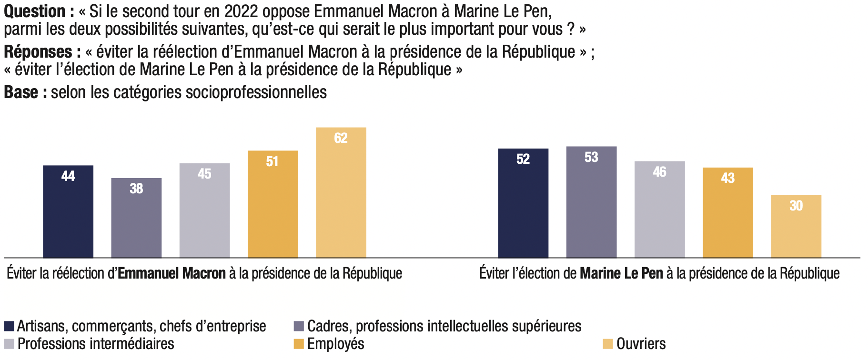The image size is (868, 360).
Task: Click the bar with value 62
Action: point(341,192)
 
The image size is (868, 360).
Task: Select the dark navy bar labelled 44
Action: point(68,211)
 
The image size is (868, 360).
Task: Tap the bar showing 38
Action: point(136,218)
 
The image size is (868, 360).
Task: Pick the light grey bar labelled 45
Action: point(204,210)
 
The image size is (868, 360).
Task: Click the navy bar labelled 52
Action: point(523,203)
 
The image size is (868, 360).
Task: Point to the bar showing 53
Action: point(591,202)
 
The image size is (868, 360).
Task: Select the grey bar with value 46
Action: point(659,209)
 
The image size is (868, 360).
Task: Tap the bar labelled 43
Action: point(727,212)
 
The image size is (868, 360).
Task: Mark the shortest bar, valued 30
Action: point(796,226)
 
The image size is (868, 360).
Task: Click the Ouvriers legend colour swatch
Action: point(607,344)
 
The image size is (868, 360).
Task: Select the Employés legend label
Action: point(335,344)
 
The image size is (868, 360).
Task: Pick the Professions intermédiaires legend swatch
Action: point(9,344)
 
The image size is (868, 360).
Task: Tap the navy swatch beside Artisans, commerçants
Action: point(9,326)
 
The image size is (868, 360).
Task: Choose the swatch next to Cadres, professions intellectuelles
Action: point(299,326)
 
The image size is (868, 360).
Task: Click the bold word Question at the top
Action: point(35,11)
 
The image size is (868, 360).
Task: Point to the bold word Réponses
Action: point(38,52)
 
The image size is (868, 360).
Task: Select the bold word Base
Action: point(21,92)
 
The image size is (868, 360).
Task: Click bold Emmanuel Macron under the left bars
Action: point(172,273)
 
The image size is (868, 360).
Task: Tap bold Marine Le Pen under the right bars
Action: point(621,273)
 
